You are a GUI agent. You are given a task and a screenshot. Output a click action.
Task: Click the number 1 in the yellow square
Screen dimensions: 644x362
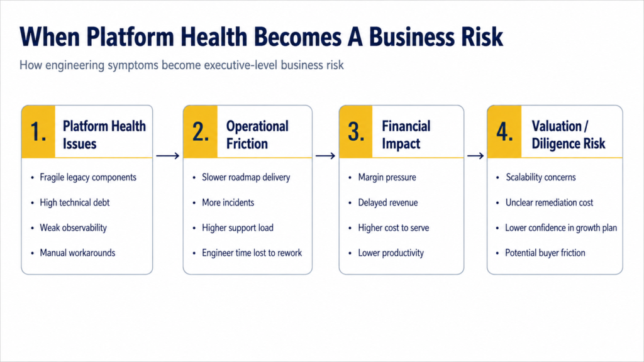click(38, 132)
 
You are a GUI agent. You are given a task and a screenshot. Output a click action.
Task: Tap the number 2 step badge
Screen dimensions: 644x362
click(201, 132)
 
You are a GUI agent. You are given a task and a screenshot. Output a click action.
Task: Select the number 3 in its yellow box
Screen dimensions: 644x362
click(356, 132)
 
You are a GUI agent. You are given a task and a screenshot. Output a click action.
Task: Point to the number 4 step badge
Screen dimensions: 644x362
click(504, 132)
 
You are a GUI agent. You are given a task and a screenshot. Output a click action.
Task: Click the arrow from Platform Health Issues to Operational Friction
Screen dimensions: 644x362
click(167, 156)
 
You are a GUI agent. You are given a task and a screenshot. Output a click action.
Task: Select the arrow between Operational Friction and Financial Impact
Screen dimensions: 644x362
click(325, 156)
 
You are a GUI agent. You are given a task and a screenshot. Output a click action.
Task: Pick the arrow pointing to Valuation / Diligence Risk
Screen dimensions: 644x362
click(475, 156)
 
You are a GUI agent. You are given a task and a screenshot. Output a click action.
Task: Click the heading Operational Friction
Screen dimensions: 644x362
click(257, 134)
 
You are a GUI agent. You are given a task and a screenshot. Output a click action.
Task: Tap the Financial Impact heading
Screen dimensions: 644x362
click(406, 134)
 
